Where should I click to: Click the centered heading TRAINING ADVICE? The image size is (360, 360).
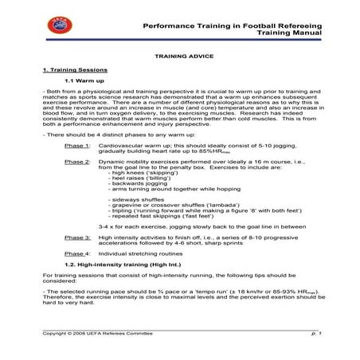(x=179, y=58)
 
